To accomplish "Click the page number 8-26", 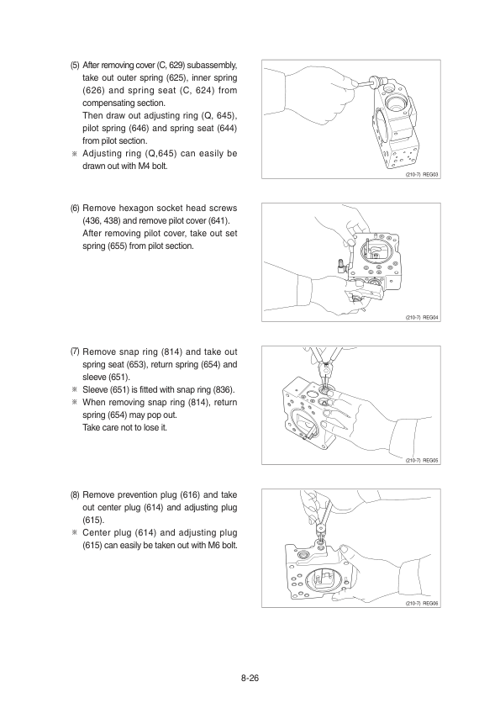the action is point(250,678).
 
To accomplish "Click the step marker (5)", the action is point(75,65).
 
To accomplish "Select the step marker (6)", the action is point(75,209).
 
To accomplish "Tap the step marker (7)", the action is point(75,351).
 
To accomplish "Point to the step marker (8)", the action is point(75,495).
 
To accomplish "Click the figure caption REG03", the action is point(430,174).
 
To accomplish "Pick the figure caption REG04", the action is point(430,318).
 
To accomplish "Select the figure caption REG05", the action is point(430,461).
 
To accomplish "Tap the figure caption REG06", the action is point(430,604).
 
